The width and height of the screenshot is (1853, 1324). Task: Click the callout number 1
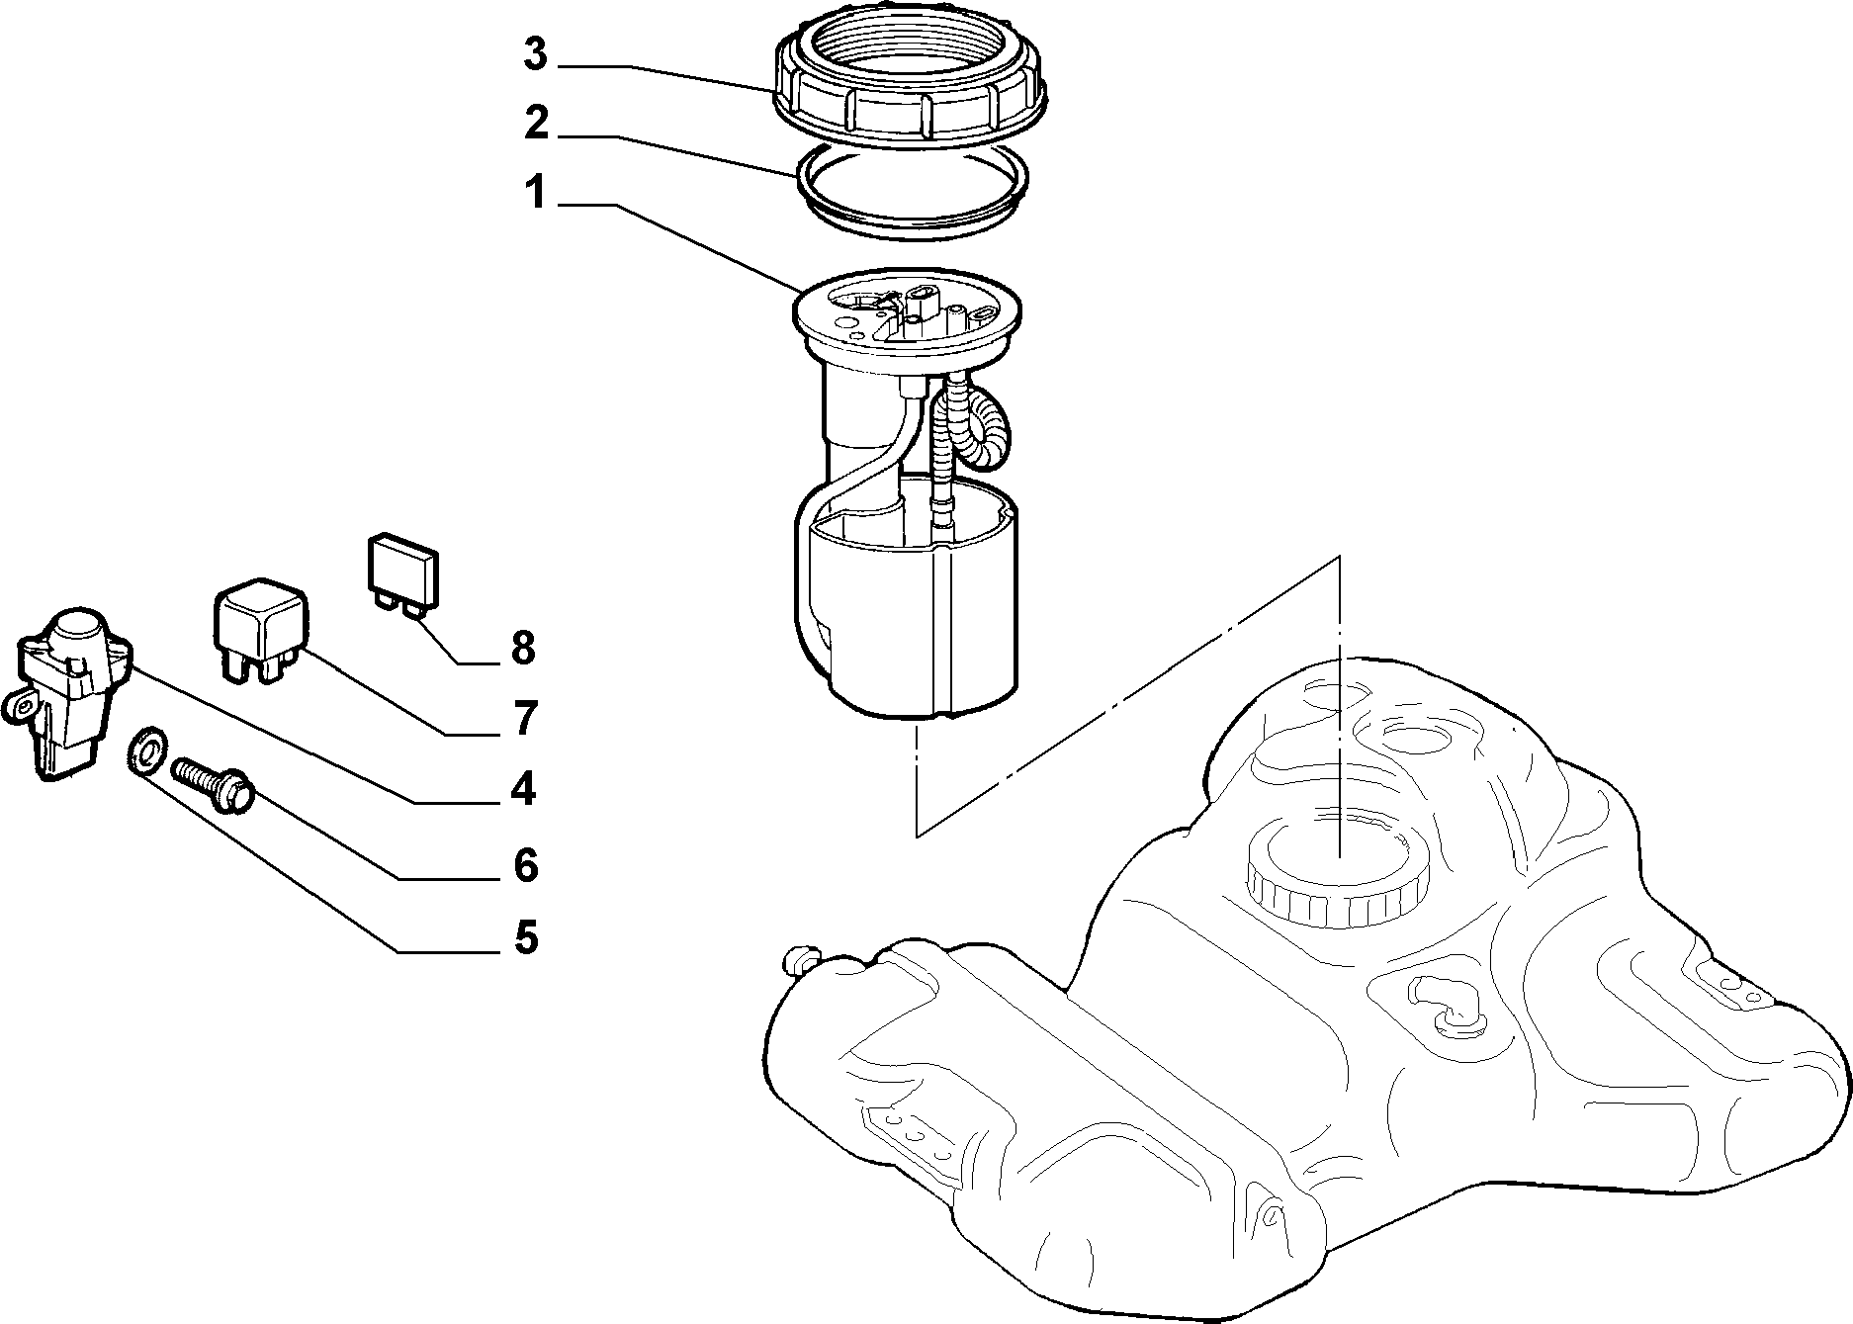point(535,194)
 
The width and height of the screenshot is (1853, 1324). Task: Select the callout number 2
point(535,124)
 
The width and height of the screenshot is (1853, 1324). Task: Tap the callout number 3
point(535,55)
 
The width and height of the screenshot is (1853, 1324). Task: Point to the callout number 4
point(523,789)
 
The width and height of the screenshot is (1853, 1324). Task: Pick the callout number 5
point(525,937)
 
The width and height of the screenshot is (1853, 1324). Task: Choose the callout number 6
point(525,865)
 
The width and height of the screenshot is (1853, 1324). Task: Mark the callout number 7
point(524,718)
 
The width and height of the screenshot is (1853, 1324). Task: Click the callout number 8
point(523,649)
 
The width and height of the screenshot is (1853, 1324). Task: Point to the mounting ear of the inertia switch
point(20,708)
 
